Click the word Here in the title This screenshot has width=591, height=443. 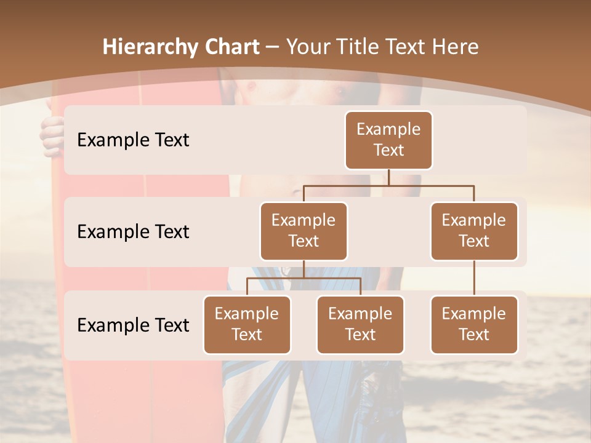pos(456,47)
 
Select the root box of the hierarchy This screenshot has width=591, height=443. pos(388,140)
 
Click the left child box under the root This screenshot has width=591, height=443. pos(304,231)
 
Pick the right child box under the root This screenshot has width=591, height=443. pos(474,231)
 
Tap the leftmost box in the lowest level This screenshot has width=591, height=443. pos(247,324)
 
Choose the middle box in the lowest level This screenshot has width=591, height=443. pos(360,324)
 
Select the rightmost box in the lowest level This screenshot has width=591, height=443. pos(474,324)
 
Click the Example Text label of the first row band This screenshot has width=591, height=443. pos(133,140)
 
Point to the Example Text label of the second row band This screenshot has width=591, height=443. pos(133,231)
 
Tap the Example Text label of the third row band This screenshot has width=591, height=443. pos(133,325)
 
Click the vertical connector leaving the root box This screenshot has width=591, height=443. pos(388,177)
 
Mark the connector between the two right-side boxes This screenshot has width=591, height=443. pos(474,277)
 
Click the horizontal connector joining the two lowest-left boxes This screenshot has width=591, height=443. pos(304,279)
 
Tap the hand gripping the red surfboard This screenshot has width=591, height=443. pos(53,135)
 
